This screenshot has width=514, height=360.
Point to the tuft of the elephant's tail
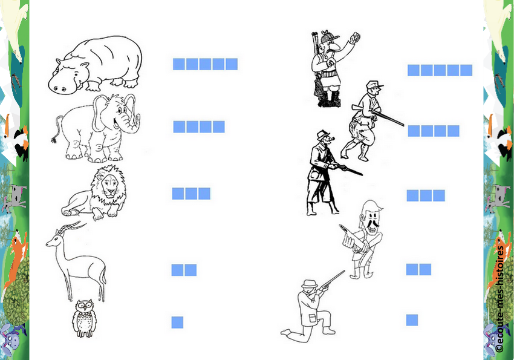[x=53, y=140]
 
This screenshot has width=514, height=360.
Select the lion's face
[x=110, y=185]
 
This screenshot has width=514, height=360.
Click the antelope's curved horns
[x=71, y=226]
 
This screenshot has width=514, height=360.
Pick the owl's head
[x=84, y=306]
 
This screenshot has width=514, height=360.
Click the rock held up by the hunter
[x=355, y=37]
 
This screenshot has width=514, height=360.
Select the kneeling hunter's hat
[x=309, y=284]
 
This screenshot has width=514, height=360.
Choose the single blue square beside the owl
[x=177, y=322]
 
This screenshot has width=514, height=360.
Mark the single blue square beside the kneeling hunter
[x=412, y=320]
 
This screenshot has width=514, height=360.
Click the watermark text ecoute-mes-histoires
[x=499, y=299]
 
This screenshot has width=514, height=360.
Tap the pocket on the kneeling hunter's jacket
[x=313, y=318]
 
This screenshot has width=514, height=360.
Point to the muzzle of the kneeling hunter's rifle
[x=343, y=272]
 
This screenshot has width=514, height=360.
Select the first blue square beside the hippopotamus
[x=179, y=64]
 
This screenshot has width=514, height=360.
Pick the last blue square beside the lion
[x=204, y=194]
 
